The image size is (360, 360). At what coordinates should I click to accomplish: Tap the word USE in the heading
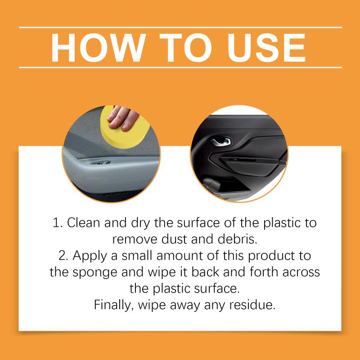(x=266, y=48)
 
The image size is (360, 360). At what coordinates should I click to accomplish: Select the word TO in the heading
(x=185, y=48)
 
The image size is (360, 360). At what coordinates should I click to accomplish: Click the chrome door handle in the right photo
(x=221, y=141)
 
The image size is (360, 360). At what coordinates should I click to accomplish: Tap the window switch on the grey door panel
(x=101, y=163)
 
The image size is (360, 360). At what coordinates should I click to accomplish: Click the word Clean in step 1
(x=83, y=223)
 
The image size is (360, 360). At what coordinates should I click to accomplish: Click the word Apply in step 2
(x=90, y=256)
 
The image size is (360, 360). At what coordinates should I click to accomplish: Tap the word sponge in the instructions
(x=95, y=273)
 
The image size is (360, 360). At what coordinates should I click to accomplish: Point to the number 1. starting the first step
(x=58, y=223)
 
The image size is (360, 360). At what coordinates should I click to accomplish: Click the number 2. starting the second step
(x=63, y=256)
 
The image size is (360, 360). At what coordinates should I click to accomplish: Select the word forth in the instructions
(x=264, y=272)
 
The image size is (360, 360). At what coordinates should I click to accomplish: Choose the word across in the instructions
(x=301, y=273)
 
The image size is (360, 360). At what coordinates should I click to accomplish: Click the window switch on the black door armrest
(x=243, y=160)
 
